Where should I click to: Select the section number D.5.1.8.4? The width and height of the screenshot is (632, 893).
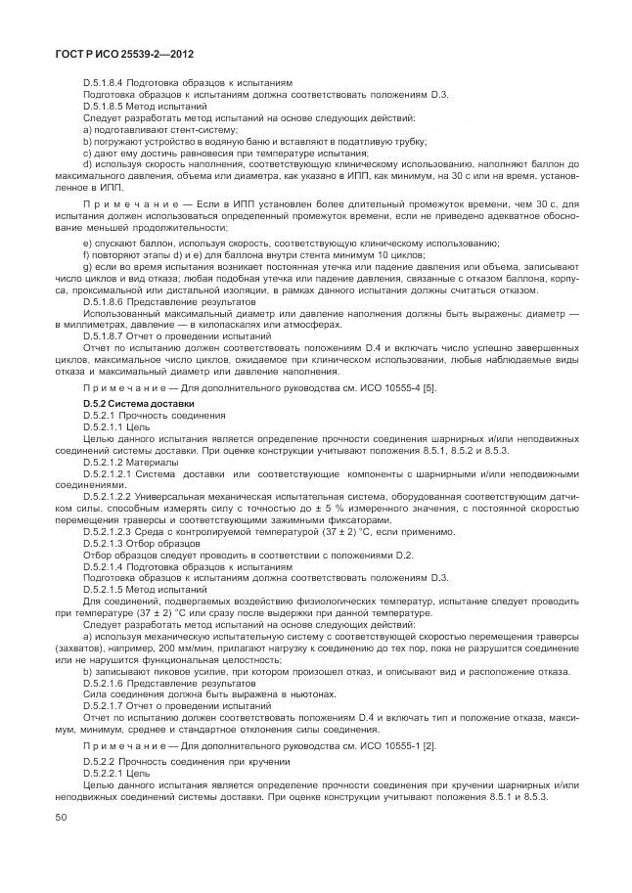109,83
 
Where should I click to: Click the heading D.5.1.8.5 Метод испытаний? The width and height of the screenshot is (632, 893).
145,106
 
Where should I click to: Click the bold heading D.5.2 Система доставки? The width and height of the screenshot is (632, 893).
138,405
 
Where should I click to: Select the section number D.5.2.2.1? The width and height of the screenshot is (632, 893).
109,774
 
